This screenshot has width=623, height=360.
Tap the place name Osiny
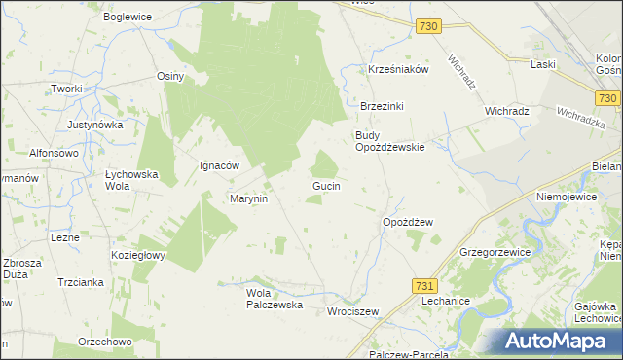tap(170, 76)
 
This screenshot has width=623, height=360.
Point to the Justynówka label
tap(95, 126)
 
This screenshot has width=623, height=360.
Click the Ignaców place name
tap(219, 165)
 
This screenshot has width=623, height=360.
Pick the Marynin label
tap(248, 198)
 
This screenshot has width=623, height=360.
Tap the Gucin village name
tap(325, 185)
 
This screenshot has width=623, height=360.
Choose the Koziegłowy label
tap(138, 255)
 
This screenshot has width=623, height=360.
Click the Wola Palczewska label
tap(275, 299)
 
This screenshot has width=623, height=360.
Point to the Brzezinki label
tap(382, 106)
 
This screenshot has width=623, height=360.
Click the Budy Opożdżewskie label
tap(389, 141)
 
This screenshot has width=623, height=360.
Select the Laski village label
tap(543, 64)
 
